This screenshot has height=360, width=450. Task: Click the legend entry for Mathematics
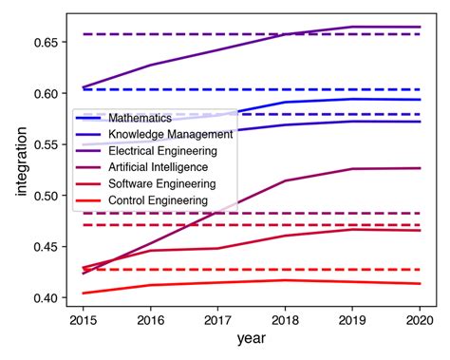[140, 118]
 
